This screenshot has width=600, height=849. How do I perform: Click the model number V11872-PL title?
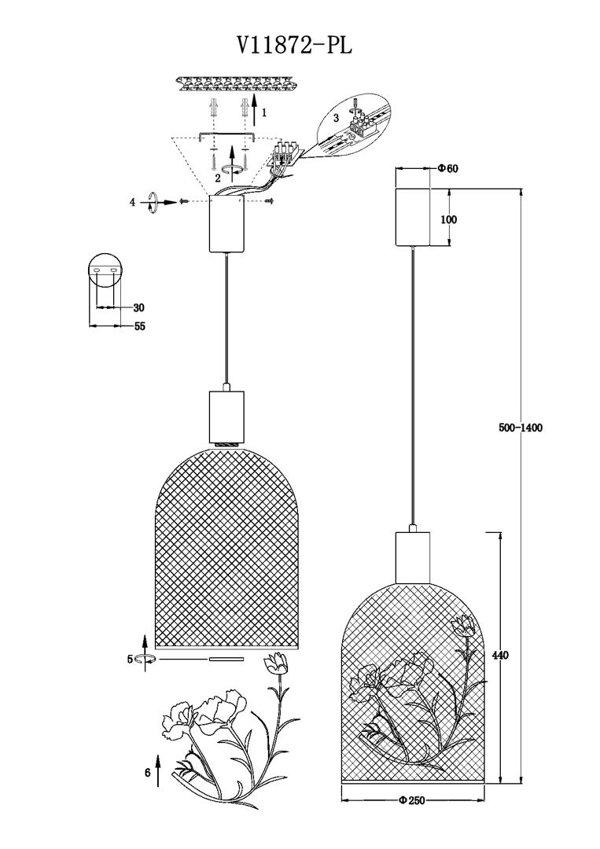tap(294, 46)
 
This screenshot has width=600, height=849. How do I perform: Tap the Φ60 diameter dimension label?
tap(447, 168)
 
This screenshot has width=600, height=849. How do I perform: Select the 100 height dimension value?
tap(448, 219)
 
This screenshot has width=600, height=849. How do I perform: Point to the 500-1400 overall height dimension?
tap(521, 428)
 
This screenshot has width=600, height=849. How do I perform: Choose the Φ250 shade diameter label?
tap(412, 800)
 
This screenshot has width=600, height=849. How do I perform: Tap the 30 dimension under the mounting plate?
tap(138, 307)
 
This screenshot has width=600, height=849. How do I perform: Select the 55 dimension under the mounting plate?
tap(138, 326)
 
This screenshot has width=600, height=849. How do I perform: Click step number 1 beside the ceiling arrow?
tap(264, 112)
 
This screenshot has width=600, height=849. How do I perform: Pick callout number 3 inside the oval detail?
tap(336, 118)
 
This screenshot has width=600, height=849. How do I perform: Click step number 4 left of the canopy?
tap(133, 203)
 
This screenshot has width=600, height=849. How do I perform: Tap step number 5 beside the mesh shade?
tap(130, 660)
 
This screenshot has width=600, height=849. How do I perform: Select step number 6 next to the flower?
tap(147, 773)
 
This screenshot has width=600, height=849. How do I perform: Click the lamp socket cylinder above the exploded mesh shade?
tap(226, 415)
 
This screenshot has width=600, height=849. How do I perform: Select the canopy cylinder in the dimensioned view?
tap(414, 217)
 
